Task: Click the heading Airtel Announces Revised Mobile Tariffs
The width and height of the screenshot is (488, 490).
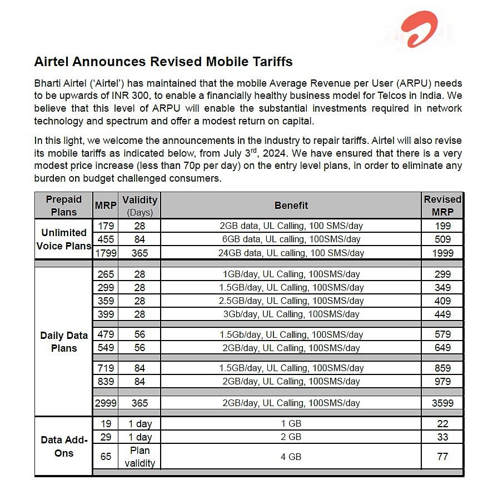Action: (x=163, y=61)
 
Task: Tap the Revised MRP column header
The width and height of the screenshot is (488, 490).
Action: (x=442, y=205)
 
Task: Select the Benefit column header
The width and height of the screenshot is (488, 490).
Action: (x=291, y=205)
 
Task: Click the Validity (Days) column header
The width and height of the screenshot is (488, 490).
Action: (x=140, y=205)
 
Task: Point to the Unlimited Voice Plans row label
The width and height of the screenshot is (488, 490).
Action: (x=64, y=239)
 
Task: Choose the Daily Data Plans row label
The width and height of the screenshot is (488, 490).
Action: (x=64, y=342)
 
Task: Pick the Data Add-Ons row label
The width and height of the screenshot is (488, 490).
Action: (x=64, y=446)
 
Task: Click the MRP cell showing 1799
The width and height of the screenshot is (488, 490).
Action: (x=106, y=253)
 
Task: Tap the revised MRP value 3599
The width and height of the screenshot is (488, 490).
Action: (x=442, y=403)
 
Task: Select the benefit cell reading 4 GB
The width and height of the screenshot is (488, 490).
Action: (x=291, y=457)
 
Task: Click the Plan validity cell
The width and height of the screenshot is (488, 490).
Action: (x=140, y=457)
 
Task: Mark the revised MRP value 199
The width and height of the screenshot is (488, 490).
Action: (x=442, y=226)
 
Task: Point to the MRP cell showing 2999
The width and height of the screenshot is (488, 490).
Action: (x=106, y=403)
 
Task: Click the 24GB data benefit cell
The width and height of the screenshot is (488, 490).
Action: (x=291, y=253)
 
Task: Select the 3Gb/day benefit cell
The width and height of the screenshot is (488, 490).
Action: (x=291, y=314)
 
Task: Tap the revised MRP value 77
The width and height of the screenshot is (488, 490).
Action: (x=442, y=457)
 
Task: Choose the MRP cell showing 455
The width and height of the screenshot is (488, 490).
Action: (x=106, y=239)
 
